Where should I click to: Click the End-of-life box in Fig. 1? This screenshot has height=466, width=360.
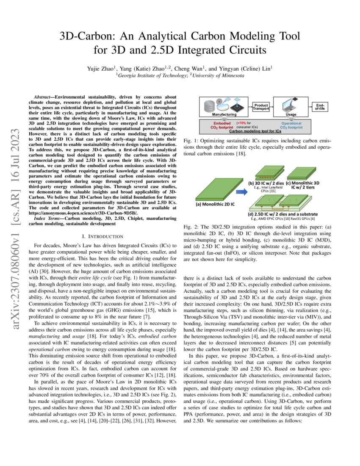click(x=318, y=106)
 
